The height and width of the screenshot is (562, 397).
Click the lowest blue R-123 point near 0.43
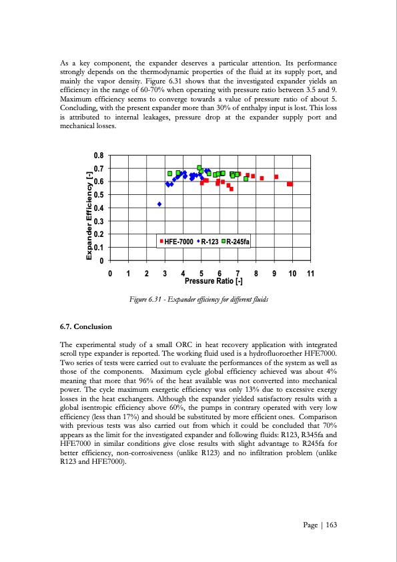click(159, 204)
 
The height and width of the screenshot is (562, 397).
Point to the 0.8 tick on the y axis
click(98, 156)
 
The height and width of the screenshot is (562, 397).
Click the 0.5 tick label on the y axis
click(98, 195)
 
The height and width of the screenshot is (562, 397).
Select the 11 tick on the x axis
click(310, 274)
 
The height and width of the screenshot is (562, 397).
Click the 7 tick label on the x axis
click(238, 274)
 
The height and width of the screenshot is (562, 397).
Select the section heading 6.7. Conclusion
click(86, 327)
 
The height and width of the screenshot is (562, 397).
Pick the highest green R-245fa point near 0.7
click(200, 168)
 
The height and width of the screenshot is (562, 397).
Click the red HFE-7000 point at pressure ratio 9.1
click(276, 177)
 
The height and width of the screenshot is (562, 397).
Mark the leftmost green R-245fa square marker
click(170, 173)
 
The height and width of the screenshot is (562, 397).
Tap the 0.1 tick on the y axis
click(98, 248)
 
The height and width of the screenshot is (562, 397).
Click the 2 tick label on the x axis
click(146, 274)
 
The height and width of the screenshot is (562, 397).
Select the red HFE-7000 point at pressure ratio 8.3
click(262, 178)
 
